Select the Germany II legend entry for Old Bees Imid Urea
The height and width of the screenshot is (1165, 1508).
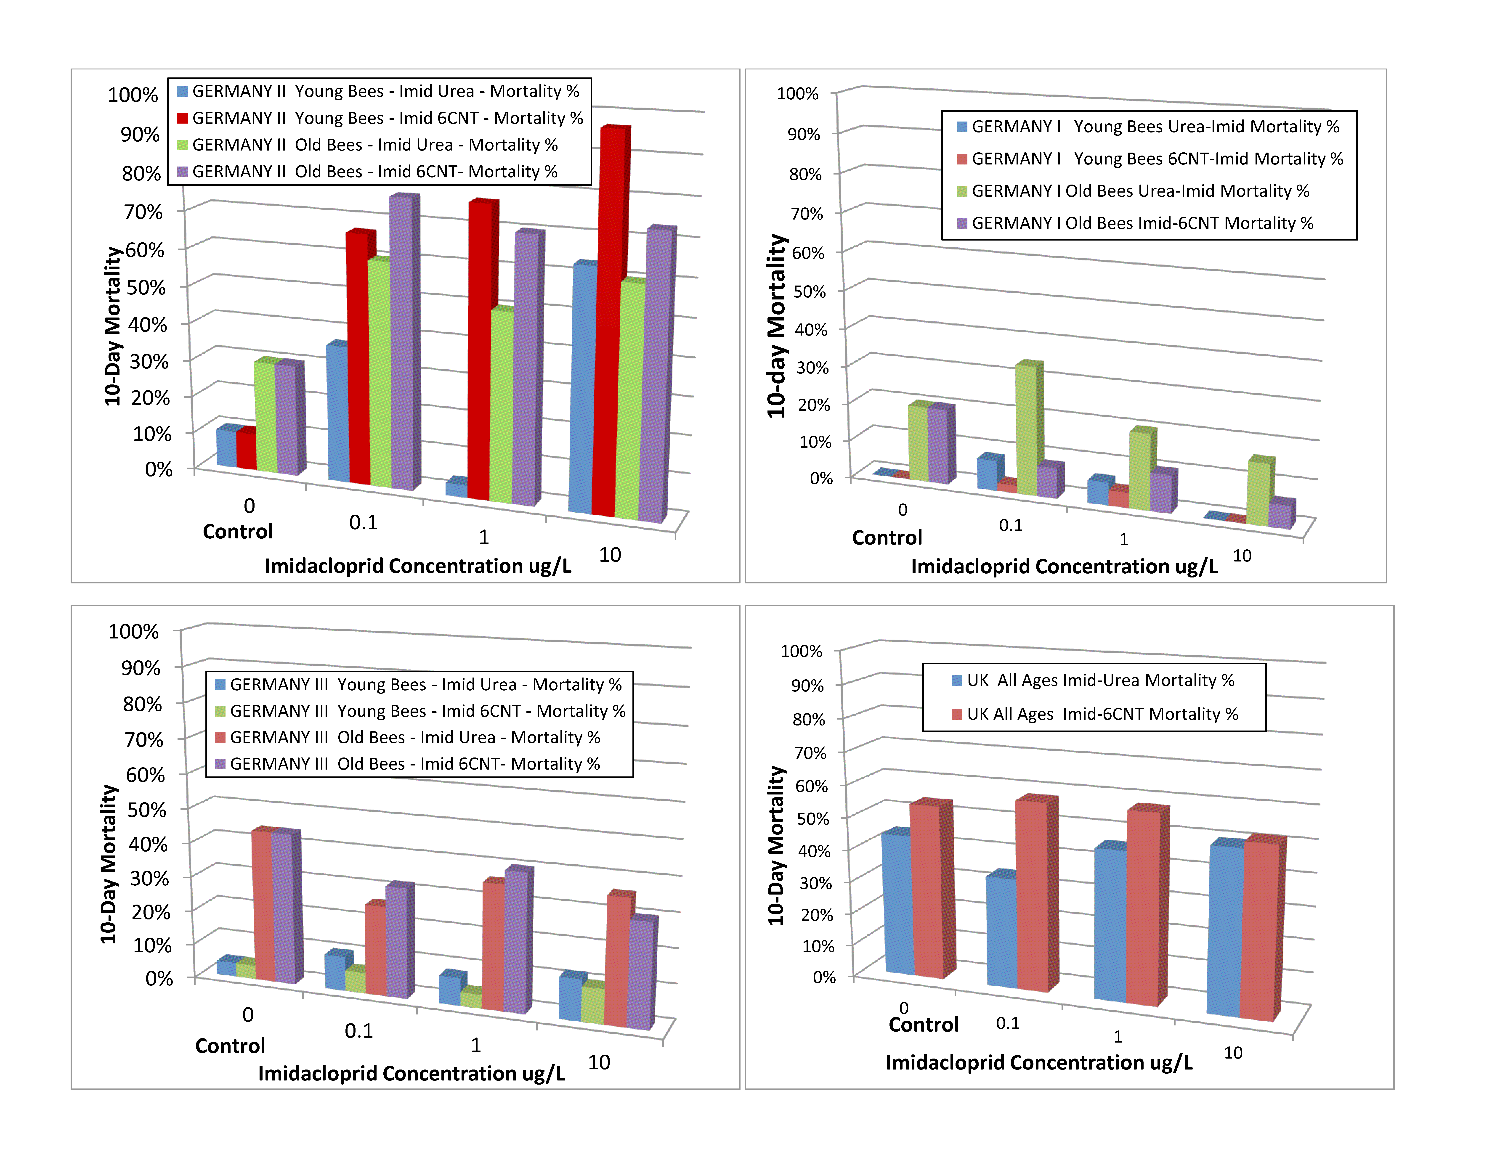(x=374, y=145)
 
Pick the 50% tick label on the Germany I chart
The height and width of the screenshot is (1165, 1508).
(x=809, y=291)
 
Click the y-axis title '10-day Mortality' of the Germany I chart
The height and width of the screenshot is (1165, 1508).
(x=777, y=326)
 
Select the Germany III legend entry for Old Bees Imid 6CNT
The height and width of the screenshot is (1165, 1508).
(x=414, y=764)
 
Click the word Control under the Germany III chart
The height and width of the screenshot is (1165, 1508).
(x=230, y=1046)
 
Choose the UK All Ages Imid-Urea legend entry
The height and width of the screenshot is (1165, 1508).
(x=1100, y=680)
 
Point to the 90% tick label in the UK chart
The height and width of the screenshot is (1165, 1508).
(x=807, y=685)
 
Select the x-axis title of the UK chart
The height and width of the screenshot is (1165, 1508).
(x=1038, y=1062)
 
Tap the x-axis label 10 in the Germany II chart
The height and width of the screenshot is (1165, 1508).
(x=610, y=555)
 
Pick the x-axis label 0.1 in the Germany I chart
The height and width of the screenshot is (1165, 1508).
(x=1010, y=525)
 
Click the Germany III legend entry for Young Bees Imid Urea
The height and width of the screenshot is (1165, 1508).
(x=425, y=685)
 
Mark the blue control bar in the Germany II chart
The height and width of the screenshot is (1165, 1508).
(x=226, y=447)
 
